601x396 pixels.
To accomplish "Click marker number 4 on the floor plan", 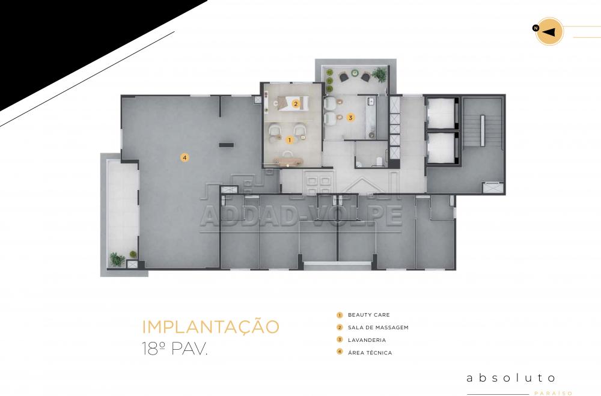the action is [185, 157].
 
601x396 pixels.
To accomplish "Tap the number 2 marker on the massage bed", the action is [295, 103].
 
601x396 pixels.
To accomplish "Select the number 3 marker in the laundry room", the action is [350, 118].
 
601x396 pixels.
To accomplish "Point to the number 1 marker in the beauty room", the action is [290, 140].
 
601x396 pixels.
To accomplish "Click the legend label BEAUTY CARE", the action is [369, 315].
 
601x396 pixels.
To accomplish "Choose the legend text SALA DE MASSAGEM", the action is [378, 327].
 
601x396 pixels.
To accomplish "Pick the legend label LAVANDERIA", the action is [367, 340].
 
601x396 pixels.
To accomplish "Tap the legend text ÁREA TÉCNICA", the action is [370, 352].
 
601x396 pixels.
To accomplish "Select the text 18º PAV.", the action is [174, 349].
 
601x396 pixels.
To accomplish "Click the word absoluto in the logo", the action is [510, 378].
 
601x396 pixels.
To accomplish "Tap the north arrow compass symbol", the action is [549, 31].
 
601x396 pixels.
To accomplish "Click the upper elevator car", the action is [441, 113].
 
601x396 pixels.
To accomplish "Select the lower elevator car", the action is [441, 148].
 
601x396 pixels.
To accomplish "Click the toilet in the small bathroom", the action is [378, 162].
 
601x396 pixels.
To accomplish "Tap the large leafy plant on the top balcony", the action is [379, 75].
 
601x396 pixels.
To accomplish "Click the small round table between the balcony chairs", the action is [355, 73].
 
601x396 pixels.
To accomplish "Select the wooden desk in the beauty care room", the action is [288, 159].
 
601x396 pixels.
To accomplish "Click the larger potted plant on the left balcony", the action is [117, 259].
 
